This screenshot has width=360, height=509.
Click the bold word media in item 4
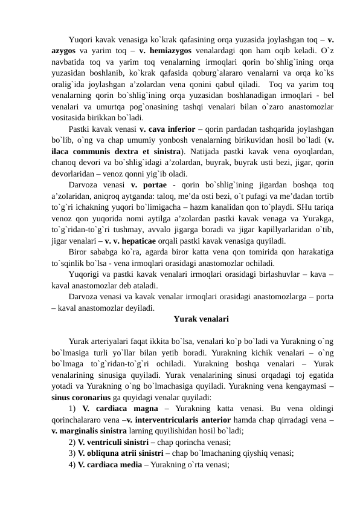pos(128,465)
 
